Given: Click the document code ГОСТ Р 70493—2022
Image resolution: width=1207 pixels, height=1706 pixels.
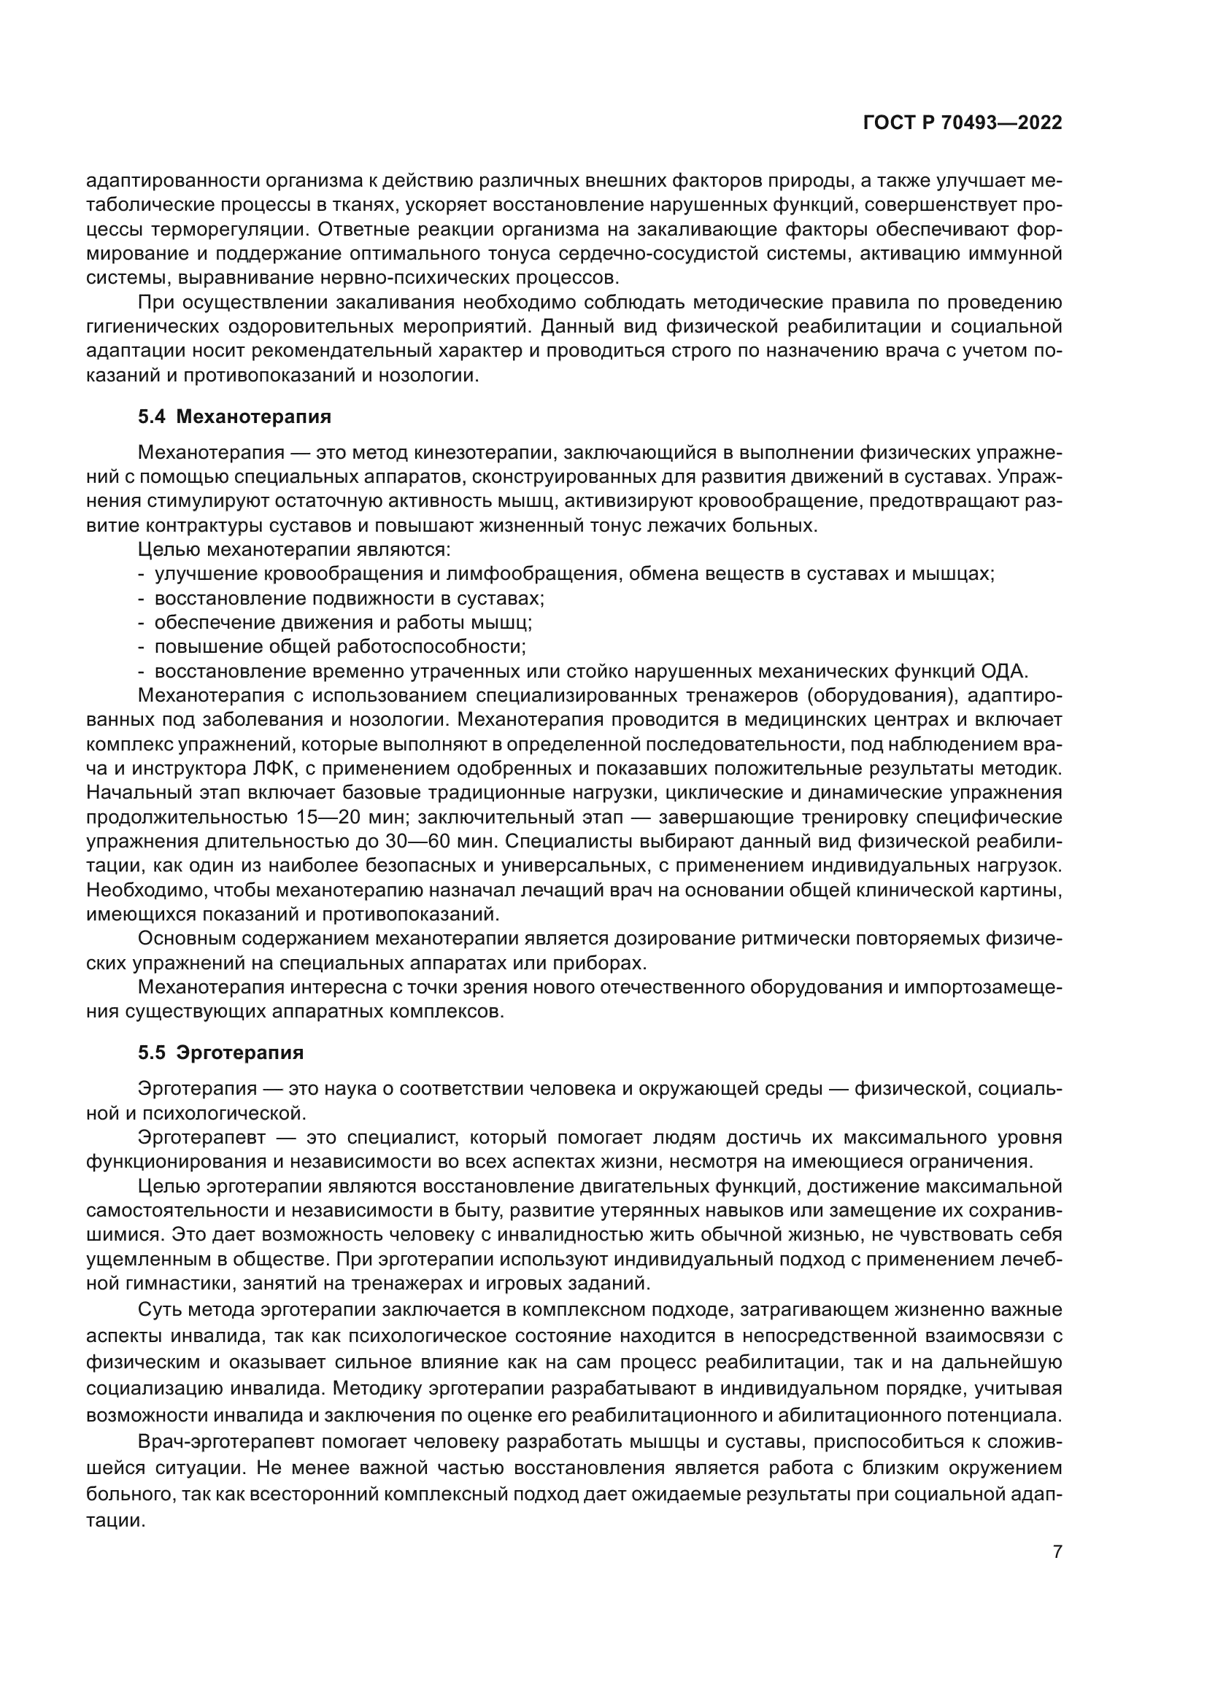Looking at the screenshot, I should tap(963, 123).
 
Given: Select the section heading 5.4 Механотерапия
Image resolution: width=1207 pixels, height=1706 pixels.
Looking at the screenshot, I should tap(234, 417).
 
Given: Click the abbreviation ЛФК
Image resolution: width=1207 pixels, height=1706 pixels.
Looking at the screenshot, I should tap(257, 769).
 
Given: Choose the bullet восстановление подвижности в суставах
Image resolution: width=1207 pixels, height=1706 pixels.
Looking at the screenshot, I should tap(350, 598).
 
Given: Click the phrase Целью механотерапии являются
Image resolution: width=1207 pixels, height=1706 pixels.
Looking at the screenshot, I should tap(295, 550).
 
